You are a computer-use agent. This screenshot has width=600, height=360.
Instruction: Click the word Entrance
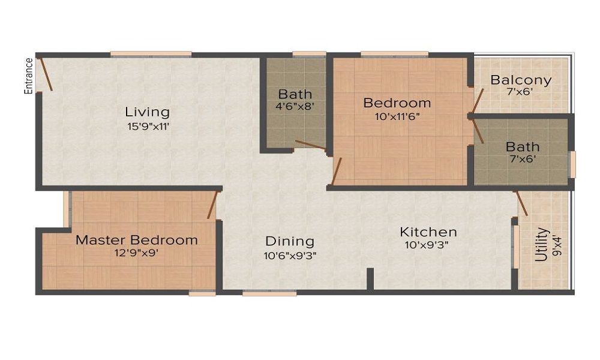[x=28, y=76]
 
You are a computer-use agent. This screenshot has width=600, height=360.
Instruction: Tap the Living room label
[x=147, y=112]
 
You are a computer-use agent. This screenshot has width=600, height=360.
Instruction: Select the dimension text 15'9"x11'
[x=147, y=126]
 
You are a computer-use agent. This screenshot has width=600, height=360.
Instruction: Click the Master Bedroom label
[x=136, y=240]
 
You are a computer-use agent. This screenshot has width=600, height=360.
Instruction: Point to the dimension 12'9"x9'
[x=136, y=253]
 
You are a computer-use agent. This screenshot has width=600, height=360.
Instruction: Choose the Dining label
[x=290, y=241]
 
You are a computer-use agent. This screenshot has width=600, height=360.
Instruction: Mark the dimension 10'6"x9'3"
[x=290, y=254]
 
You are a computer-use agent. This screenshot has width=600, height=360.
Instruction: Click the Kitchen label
[x=428, y=232]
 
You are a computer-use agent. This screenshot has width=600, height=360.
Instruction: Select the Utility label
[x=542, y=244]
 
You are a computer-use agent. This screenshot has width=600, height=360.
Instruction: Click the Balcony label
[x=521, y=80]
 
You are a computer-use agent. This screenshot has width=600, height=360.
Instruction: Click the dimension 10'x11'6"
[x=397, y=116]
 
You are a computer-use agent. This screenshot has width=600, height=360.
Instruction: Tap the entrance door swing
[x=45, y=74]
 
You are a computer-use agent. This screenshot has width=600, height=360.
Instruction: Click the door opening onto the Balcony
[x=478, y=98]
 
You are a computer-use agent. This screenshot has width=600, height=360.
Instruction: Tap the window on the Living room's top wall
[x=151, y=55]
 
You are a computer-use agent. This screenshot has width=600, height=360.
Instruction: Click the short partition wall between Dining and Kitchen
[x=370, y=280]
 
